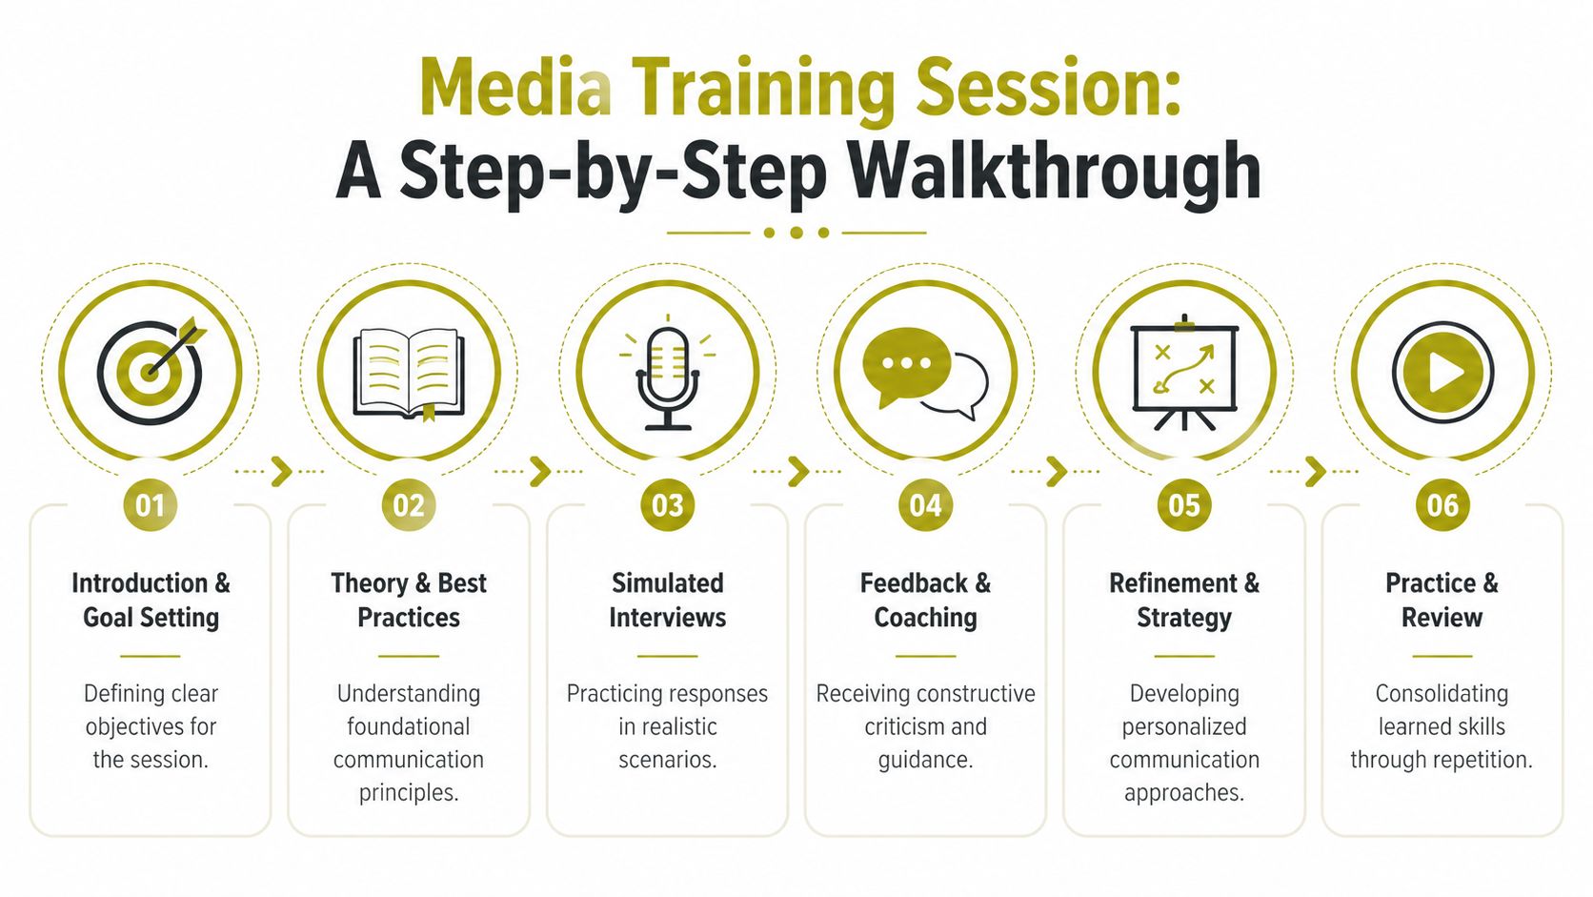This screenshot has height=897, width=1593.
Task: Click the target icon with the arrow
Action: [150, 371]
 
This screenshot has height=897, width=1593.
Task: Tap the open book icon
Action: [409, 373]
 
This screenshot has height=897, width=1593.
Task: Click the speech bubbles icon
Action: [924, 372]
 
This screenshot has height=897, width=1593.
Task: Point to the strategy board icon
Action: [1183, 373]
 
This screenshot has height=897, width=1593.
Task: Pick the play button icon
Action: [1442, 372]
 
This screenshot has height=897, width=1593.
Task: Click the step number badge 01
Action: [151, 505]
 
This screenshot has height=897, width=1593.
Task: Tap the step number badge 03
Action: [667, 505]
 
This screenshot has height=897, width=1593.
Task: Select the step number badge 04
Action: [925, 505]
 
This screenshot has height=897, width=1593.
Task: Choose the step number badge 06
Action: [1442, 505]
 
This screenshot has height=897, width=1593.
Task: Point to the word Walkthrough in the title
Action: [1055, 172]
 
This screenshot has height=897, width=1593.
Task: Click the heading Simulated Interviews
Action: [667, 600]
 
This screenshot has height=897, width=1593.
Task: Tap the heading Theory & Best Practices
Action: [409, 600]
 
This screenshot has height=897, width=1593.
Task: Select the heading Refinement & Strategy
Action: [1183, 600]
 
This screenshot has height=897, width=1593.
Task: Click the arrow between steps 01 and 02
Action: [280, 471]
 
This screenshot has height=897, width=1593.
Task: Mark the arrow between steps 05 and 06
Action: [1315, 471]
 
